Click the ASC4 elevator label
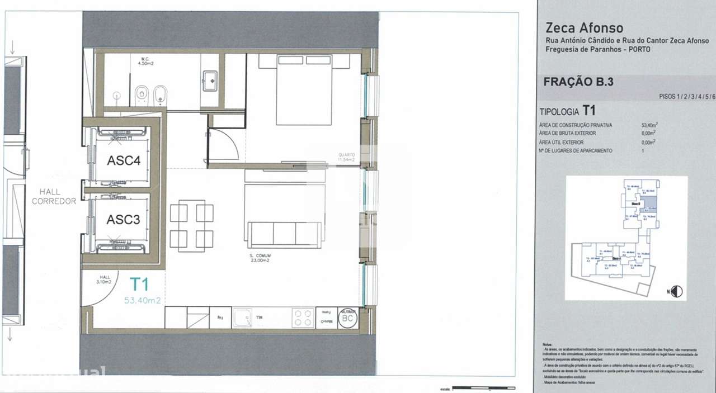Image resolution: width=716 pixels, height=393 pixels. pyautogui.click(x=123, y=160)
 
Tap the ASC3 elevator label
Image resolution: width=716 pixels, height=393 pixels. pyautogui.click(x=123, y=220)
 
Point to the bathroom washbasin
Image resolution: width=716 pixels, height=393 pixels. pyautogui.click(x=211, y=81)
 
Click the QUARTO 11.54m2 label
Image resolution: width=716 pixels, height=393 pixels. pyautogui.click(x=346, y=158)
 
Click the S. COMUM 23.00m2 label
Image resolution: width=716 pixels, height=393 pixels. pyautogui.click(x=260, y=258)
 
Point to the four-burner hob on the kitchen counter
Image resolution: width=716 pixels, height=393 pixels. pyautogui.click(x=303, y=318)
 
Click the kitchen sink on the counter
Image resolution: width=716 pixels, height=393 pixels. pyautogui.click(x=243, y=318)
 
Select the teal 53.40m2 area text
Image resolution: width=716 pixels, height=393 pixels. pyautogui.click(x=142, y=300)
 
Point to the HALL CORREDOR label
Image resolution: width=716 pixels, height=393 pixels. pyautogui.click(x=54, y=197)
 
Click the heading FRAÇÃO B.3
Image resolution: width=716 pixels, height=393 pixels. pyautogui.click(x=578, y=82)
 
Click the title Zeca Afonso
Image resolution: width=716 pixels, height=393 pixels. pyautogui.click(x=584, y=28)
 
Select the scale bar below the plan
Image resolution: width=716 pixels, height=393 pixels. pyautogui.click(x=483, y=387)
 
